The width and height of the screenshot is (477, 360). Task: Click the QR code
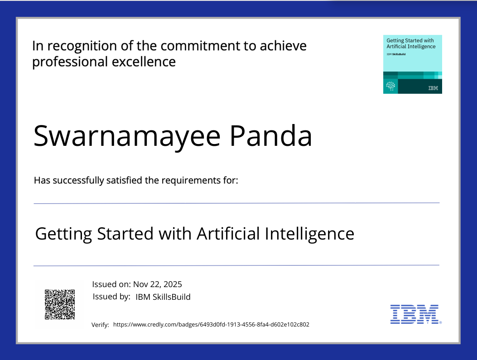click(x=60, y=304)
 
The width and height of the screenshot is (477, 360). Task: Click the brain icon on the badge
click(x=390, y=86)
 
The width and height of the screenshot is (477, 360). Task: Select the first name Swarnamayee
click(x=127, y=136)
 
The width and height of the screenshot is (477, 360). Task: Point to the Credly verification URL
click(x=211, y=324)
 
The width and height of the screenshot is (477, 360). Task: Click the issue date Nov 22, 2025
click(x=158, y=284)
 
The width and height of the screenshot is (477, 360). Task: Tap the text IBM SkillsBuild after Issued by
click(x=163, y=297)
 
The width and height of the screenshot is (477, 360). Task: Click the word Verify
click(x=100, y=325)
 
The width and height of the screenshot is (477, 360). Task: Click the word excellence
click(x=144, y=62)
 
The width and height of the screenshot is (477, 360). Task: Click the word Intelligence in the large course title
click(x=309, y=234)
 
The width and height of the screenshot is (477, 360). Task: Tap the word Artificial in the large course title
click(x=228, y=234)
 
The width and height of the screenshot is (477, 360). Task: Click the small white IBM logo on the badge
click(x=433, y=88)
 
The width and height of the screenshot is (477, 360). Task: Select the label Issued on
click(x=111, y=284)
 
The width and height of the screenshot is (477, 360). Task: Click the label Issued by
click(x=111, y=297)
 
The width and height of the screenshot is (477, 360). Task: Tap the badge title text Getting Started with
click(x=410, y=40)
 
